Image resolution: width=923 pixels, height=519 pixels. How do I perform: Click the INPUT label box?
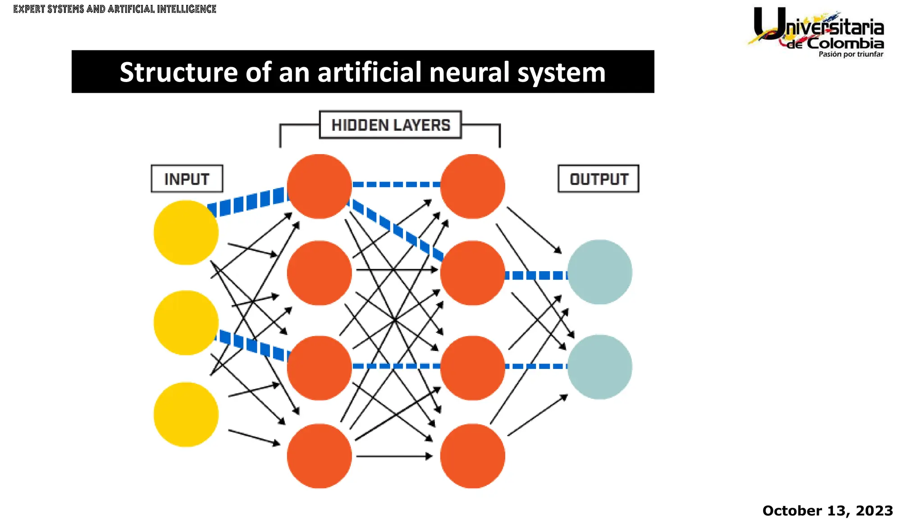[187, 179]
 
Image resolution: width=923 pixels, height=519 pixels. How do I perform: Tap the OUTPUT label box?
[598, 179]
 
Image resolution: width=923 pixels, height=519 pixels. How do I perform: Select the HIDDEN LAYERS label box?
[390, 125]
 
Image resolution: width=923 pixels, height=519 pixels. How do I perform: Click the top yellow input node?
[186, 232]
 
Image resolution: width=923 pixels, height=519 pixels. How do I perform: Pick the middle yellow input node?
[186, 323]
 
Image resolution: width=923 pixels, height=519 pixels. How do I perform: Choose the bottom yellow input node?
[186, 414]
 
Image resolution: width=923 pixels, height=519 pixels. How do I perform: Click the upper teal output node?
[599, 272]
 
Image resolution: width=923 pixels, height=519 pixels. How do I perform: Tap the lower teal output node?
[599, 367]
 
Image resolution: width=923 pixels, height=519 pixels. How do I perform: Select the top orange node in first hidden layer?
[319, 187]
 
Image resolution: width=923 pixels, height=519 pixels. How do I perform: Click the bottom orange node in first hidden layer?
[319, 456]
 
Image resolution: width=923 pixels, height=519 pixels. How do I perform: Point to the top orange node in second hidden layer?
[472, 187]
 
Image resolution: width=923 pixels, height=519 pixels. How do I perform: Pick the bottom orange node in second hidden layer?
[472, 456]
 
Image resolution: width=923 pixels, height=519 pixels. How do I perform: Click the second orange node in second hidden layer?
[472, 273]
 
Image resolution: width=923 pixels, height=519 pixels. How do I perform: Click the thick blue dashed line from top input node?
[248, 202]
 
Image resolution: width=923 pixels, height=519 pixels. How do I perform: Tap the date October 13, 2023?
[827, 510]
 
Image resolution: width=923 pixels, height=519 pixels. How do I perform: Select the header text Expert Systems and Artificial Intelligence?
[114, 9]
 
